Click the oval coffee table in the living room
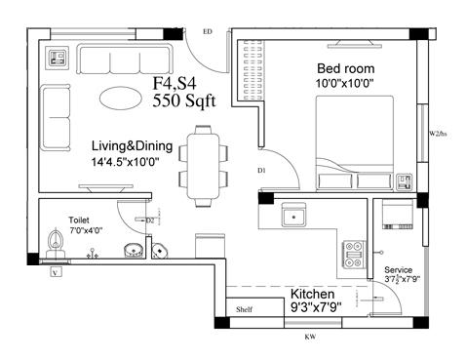click(125, 99)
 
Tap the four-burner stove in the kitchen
click(352, 255)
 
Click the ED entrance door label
click(207, 32)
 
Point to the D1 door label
click(261, 171)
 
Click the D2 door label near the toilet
click(151, 221)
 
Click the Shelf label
click(244, 311)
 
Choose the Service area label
click(399, 269)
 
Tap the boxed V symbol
click(56, 272)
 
